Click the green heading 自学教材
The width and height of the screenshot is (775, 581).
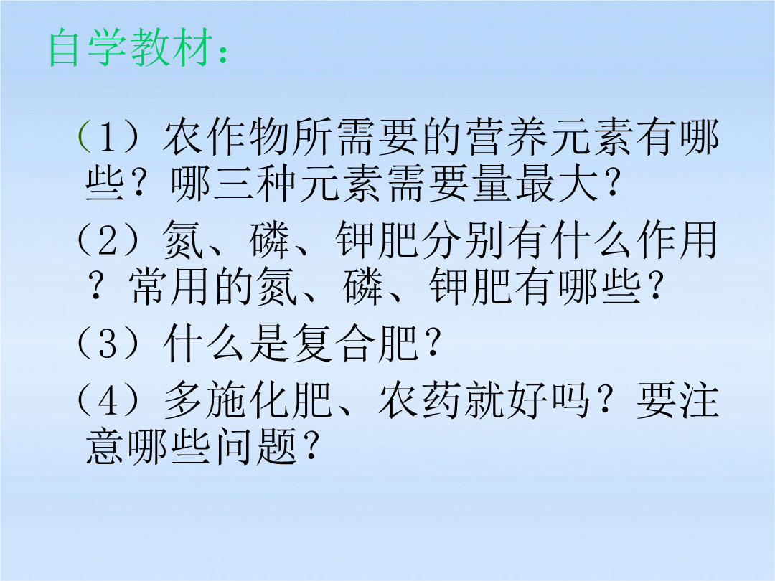(x=131, y=48)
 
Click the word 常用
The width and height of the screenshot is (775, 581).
(x=168, y=287)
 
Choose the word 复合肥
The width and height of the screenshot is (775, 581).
(x=356, y=344)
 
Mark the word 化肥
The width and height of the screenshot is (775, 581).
(x=291, y=400)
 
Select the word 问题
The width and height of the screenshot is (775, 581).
(x=256, y=447)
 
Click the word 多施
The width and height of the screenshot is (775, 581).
(x=206, y=400)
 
